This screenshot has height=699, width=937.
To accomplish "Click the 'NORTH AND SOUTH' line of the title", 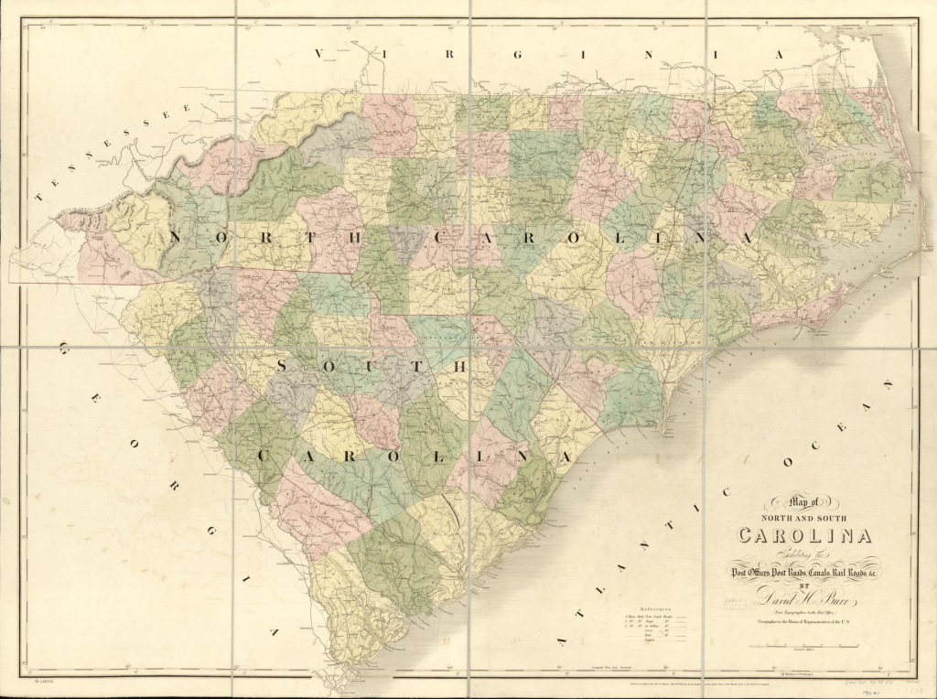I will click(x=805, y=519).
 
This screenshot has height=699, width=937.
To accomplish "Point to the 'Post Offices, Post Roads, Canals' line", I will click(x=803, y=572).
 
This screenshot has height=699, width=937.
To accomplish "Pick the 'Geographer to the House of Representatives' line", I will click(x=804, y=623).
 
